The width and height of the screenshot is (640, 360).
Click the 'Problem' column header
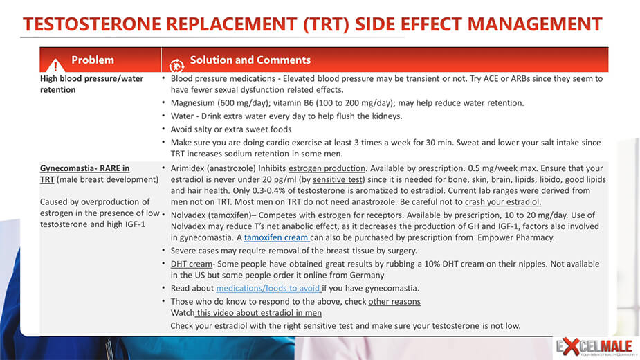pyautogui.click(x=93, y=60)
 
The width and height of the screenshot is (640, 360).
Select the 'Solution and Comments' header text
pyautogui.click(x=250, y=60)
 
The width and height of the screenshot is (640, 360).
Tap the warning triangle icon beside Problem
pyautogui.click(x=55, y=65)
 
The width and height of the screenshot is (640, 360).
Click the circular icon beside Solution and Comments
pyautogui.click(x=176, y=65)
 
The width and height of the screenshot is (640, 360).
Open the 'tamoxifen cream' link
pyautogui.click(x=276, y=237)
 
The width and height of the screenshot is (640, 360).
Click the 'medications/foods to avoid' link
pyautogui.click(x=268, y=288)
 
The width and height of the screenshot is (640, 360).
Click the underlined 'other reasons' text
pyautogui.click(x=394, y=302)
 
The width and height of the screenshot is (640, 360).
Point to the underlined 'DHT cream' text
pyautogui.click(x=192, y=264)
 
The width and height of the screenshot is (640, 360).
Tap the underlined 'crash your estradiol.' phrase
pyautogui.click(x=503, y=202)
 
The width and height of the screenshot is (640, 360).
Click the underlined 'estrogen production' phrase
pyautogui.click(x=327, y=168)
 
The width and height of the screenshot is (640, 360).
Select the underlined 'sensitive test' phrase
pyautogui.click(x=338, y=179)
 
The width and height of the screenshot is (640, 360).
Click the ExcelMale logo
pyautogui.click(x=594, y=347)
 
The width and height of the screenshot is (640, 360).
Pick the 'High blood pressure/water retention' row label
pyautogui.click(x=91, y=84)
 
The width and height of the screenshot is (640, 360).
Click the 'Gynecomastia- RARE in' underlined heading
pyautogui.click(x=84, y=168)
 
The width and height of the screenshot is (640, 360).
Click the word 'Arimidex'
pyautogui.click(x=188, y=168)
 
